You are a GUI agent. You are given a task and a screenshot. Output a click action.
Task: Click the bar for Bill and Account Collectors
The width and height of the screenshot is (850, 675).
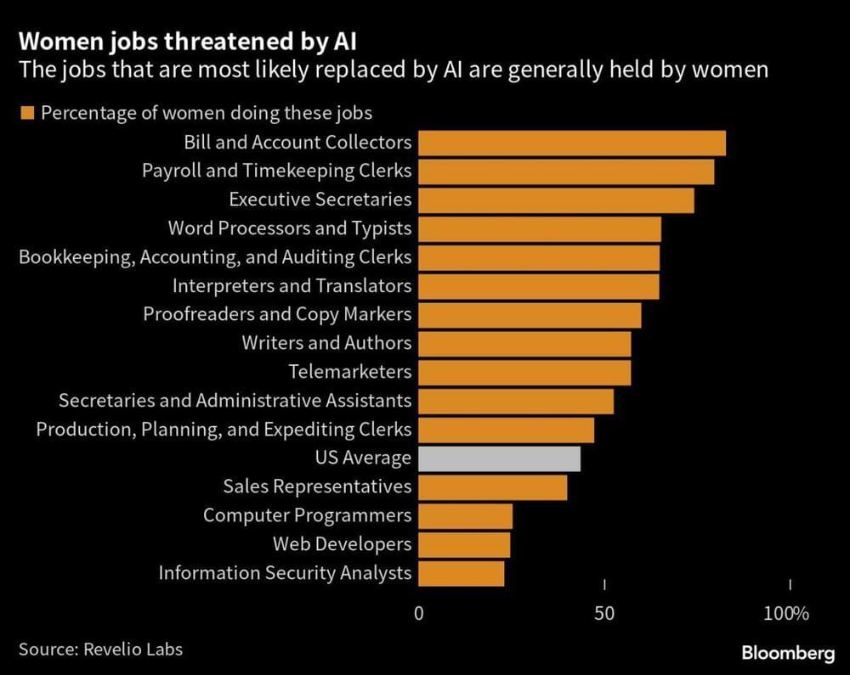[x=572, y=143]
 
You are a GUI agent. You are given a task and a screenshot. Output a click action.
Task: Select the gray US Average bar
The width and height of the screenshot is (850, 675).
[x=500, y=458]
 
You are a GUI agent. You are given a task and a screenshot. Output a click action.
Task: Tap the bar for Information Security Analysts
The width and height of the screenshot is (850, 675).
[x=462, y=573]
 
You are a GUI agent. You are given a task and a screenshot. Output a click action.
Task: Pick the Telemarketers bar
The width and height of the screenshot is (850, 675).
[x=524, y=372]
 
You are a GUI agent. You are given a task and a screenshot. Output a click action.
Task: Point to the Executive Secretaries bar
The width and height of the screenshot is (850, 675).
[x=556, y=200]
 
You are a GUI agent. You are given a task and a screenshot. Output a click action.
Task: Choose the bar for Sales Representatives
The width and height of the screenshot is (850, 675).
[x=493, y=487]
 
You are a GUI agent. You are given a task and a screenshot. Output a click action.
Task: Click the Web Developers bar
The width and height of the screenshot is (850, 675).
[x=464, y=544]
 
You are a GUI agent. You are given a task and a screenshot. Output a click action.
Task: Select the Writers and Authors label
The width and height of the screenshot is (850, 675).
[x=326, y=343]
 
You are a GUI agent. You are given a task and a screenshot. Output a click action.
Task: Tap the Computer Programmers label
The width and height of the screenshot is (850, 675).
[x=307, y=515]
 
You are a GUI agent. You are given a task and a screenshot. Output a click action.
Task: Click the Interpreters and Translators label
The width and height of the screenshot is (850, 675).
[x=292, y=285]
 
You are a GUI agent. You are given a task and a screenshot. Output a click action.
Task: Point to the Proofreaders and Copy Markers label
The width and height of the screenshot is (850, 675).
[x=277, y=314]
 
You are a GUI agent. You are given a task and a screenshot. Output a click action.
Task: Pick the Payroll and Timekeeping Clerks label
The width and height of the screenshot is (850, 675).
[x=276, y=171]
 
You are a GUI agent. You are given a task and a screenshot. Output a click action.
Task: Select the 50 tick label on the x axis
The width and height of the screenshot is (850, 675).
[x=604, y=613]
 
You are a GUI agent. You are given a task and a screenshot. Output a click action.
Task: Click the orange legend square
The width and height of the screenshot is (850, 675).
[x=26, y=113]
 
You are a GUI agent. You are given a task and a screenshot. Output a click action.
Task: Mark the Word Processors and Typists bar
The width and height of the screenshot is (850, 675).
[x=540, y=228]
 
